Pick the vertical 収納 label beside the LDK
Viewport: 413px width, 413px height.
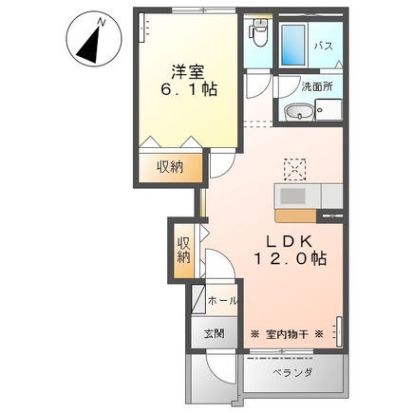[x=183, y=248]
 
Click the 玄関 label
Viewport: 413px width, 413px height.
[x=214, y=334]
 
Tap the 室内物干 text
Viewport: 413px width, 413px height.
[x=287, y=334]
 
